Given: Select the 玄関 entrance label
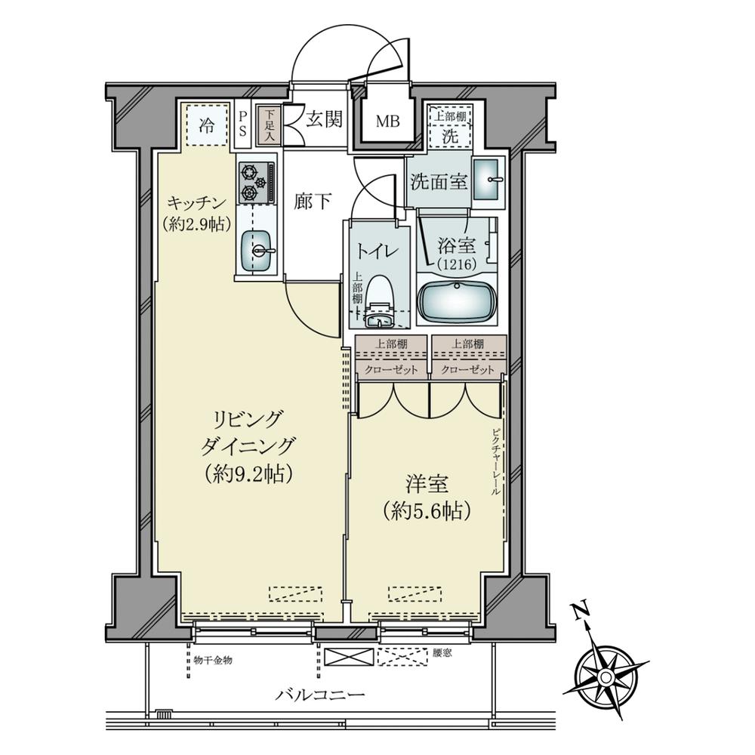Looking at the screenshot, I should pos(325,119).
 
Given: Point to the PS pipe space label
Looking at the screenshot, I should pos(242,123).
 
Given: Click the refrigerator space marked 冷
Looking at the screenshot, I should pos(205,125).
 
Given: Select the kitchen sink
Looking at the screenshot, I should pos(258,248).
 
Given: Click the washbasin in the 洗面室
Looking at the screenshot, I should pos(489,181).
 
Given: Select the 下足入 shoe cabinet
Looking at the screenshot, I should pos(268,125).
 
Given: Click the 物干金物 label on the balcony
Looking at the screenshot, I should pos(213,660).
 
